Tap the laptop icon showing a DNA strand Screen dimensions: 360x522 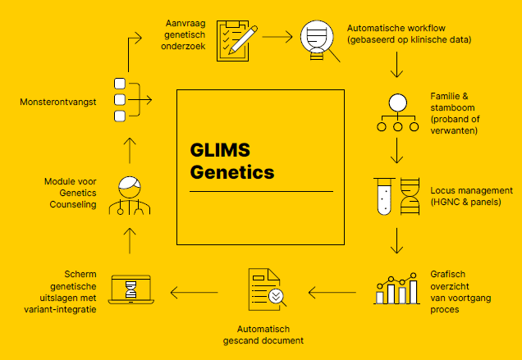click(x=130, y=289)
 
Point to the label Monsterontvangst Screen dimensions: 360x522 click(x=59, y=102)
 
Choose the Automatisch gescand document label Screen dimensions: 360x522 click(x=263, y=335)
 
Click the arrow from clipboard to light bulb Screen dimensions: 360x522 click(x=277, y=37)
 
